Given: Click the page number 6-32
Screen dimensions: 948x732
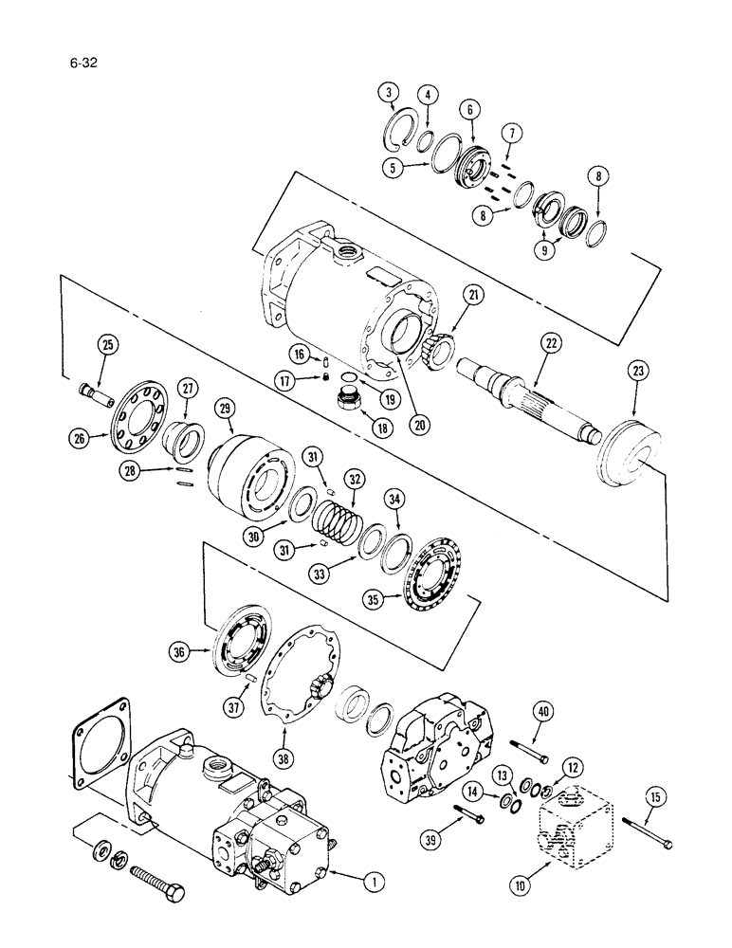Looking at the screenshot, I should click(82, 65).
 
